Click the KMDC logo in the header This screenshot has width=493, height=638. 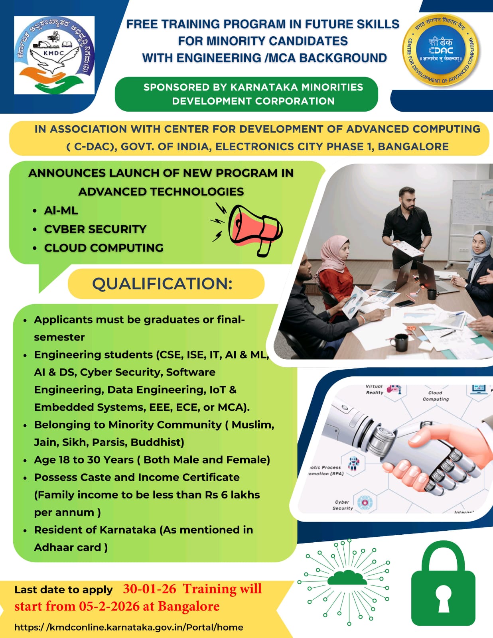(x=54, y=55)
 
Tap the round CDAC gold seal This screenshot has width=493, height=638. (x=441, y=50)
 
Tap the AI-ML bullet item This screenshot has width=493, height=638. (x=61, y=211)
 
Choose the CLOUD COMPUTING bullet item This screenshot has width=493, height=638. (x=104, y=248)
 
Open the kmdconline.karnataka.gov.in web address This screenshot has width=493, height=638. (x=128, y=627)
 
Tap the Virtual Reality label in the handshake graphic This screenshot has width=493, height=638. (x=374, y=389)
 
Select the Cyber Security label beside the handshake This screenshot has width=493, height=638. (x=343, y=505)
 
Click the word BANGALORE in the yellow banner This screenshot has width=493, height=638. (x=413, y=147)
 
